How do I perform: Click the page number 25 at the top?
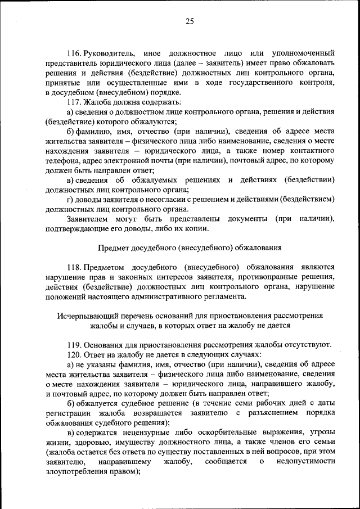(x=189, y=21)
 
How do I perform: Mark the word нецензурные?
(x=144, y=432)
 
